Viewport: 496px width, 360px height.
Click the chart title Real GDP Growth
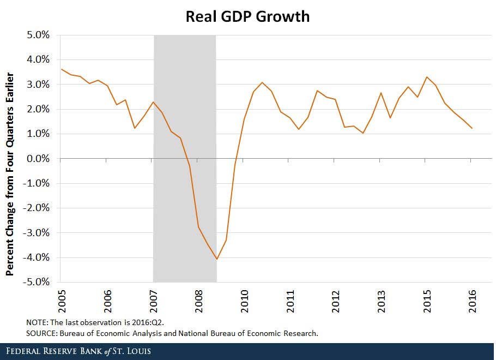coord(247,16)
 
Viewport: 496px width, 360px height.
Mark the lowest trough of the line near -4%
coord(217,259)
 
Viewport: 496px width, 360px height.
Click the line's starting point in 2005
coord(61,69)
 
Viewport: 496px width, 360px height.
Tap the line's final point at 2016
coord(471,129)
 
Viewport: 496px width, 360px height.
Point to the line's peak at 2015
coord(426,77)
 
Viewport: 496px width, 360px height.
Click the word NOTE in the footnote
coord(37,322)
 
